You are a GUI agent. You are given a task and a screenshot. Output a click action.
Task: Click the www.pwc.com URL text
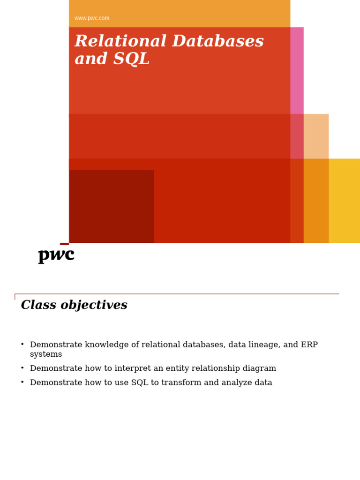(x=92, y=18)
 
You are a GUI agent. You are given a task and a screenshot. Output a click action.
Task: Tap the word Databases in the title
(x=218, y=42)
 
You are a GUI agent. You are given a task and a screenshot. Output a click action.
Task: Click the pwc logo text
(x=56, y=255)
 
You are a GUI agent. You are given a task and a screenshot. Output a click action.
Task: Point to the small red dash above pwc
(x=64, y=244)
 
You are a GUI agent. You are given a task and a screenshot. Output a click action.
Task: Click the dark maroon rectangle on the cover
(x=112, y=206)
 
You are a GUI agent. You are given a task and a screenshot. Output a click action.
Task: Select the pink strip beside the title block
(x=297, y=70)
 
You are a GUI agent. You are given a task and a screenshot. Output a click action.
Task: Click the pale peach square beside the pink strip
(x=316, y=136)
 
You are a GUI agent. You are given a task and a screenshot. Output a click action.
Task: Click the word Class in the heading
(x=37, y=306)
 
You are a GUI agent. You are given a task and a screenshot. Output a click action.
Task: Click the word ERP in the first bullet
(x=309, y=345)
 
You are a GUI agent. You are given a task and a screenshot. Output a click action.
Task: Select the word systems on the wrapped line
(x=46, y=355)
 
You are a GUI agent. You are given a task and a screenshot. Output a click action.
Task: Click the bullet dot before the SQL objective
(x=22, y=382)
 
